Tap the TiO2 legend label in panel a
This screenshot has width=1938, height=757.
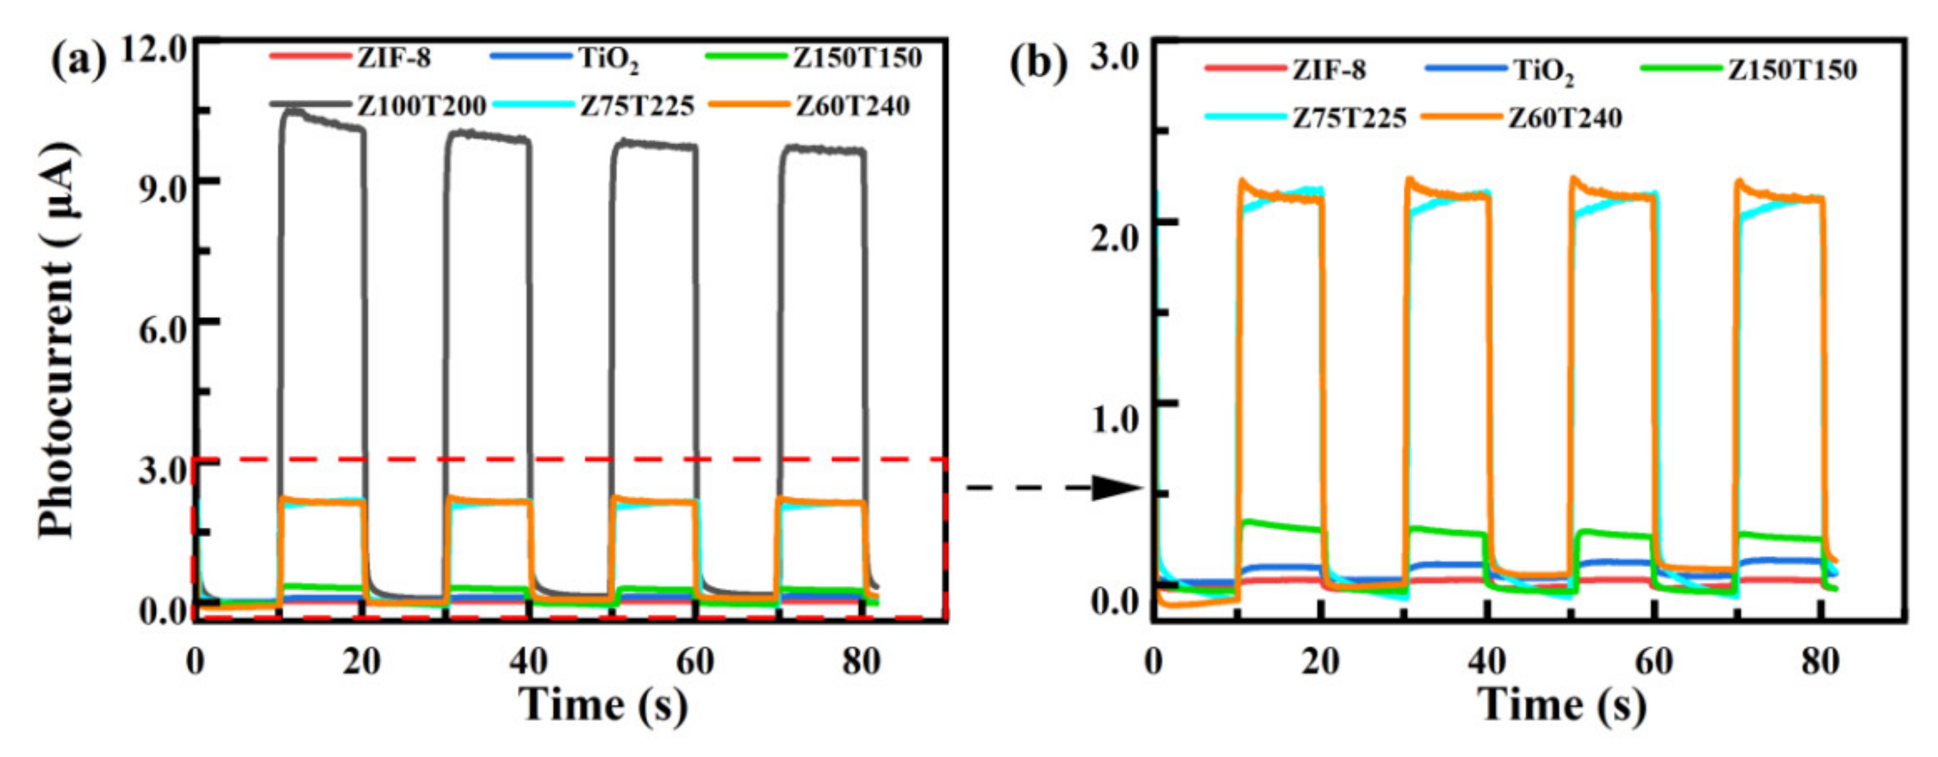[x=609, y=59]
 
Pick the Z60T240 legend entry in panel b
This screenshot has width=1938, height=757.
[x=1565, y=118]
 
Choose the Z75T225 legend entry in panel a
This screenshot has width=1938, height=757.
[x=636, y=106]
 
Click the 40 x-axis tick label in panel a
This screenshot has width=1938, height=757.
[x=528, y=662]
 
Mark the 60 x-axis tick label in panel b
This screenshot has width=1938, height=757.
[x=1653, y=662]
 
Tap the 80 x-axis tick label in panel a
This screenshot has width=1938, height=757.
[x=861, y=662]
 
